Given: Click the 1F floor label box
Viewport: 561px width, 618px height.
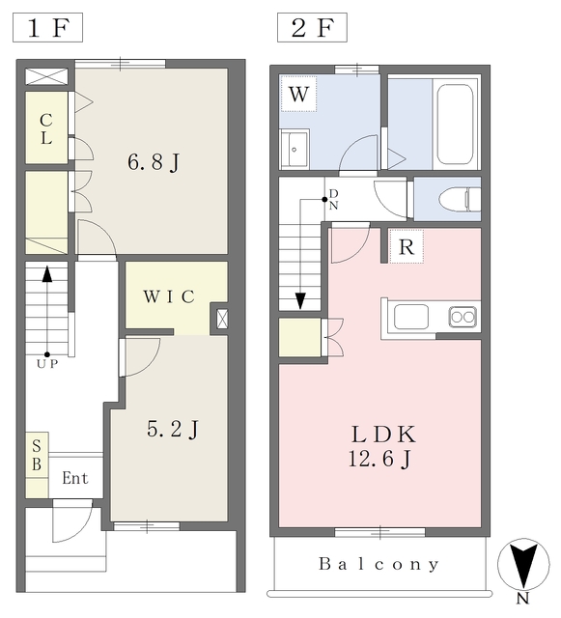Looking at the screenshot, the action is [47, 28].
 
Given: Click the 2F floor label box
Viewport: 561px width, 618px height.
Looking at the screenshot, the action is [312, 28].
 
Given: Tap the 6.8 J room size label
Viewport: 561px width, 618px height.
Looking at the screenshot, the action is [154, 162].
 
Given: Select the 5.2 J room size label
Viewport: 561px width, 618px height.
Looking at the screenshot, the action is [173, 429].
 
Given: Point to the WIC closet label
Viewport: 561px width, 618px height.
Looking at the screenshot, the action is [169, 296].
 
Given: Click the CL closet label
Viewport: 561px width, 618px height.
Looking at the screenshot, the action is [46, 128].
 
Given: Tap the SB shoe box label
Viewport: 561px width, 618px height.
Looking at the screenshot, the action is [37, 455].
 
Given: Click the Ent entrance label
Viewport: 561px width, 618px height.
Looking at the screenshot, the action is [75, 478].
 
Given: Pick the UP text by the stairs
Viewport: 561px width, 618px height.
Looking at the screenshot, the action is [47, 364].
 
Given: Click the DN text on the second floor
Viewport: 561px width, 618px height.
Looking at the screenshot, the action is [333, 200].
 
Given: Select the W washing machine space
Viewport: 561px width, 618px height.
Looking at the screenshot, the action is [298, 94].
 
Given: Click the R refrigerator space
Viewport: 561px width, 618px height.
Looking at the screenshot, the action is [407, 247].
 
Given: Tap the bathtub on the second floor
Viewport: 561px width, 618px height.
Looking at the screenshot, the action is [455, 124].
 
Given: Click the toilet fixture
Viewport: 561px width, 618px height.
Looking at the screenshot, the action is [460, 200].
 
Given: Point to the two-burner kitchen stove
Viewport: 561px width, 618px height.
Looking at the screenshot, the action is [463, 317].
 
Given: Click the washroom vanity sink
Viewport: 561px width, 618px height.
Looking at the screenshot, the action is [295, 149].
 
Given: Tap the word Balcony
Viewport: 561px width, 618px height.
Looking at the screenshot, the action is [379, 564].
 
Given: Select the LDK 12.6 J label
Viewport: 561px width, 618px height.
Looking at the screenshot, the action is [382, 446].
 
